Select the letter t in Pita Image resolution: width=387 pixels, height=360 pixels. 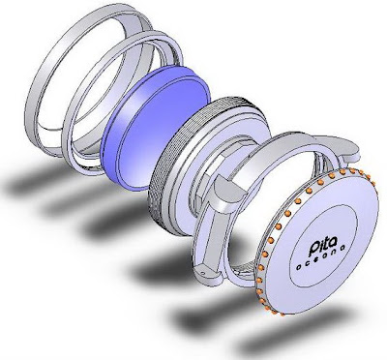point(326,244)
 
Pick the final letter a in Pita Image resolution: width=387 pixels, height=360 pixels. point(334,242)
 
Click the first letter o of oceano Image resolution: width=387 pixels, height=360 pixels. point(299,267)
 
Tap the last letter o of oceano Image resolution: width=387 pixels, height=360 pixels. point(342,248)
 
